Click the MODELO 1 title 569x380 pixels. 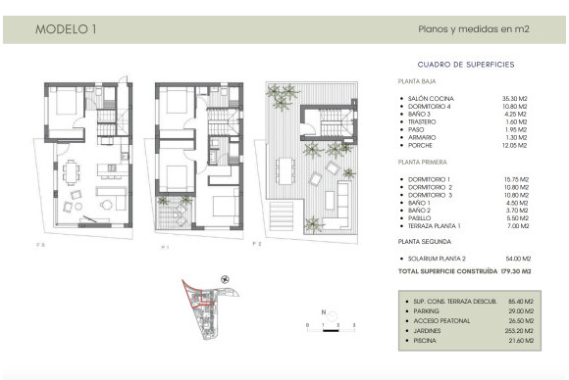pyautogui.click(x=66, y=28)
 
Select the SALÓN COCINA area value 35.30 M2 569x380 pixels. pyautogui.click(x=514, y=99)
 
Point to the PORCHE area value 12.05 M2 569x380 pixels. pyautogui.click(x=514, y=145)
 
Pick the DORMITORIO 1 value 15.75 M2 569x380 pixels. pyautogui.click(x=514, y=179)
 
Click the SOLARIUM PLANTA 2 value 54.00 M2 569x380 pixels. pyautogui.click(x=514, y=258)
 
